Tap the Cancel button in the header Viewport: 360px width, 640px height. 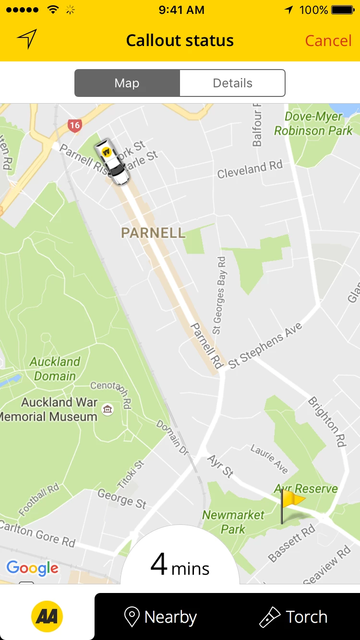point(328,41)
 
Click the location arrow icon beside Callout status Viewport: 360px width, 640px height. point(27,39)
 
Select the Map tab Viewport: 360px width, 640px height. point(127,83)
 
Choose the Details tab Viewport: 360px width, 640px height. point(232,83)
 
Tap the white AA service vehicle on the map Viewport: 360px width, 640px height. point(112,161)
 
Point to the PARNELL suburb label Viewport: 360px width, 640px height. point(153,233)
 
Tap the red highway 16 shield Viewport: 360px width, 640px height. point(74,126)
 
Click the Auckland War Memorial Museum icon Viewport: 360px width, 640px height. point(108,409)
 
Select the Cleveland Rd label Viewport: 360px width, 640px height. point(250,169)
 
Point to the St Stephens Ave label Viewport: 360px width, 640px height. point(265,345)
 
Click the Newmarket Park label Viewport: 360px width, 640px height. point(233,522)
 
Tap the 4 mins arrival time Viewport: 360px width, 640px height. point(180,565)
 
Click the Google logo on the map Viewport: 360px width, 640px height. point(32,569)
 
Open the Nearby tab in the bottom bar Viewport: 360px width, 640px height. point(161,617)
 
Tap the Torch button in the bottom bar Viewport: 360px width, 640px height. point(293,617)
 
